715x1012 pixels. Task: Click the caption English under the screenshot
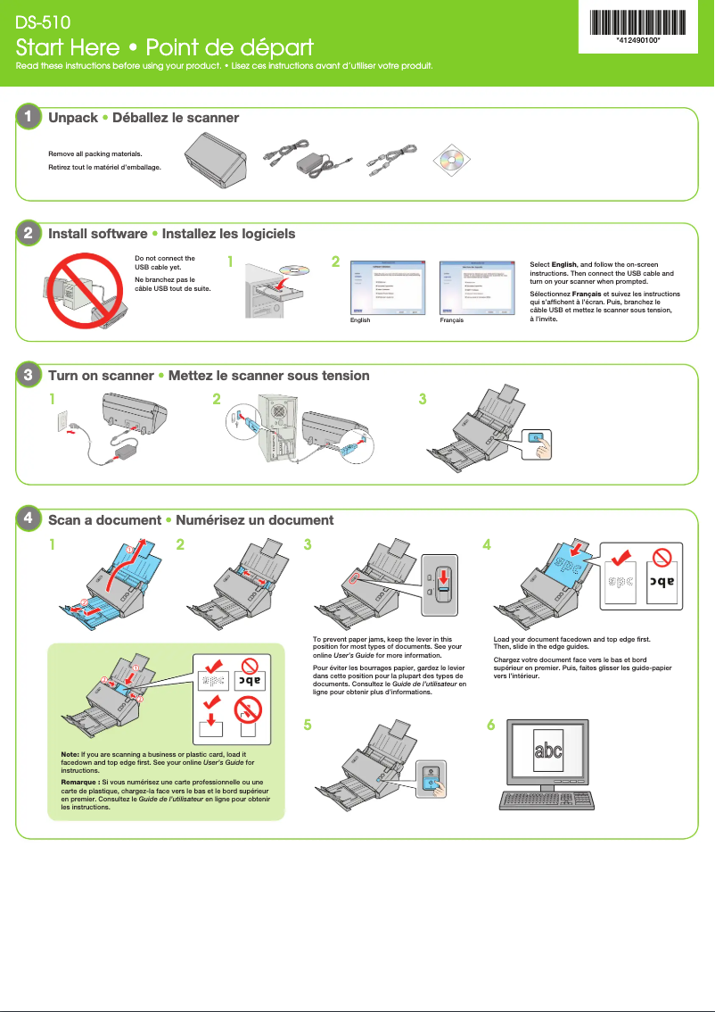point(361,319)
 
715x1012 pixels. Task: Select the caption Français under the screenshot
point(452,319)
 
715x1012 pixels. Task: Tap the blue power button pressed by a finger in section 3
point(534,437)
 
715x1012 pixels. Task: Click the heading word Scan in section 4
point(64,519)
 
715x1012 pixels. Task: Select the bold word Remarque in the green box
point(79,783)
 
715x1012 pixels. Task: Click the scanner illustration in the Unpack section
point(218,160)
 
